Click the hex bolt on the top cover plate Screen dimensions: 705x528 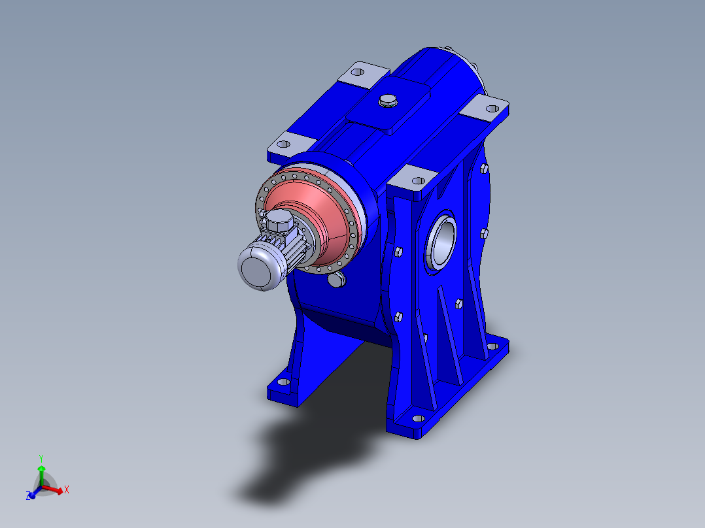tap(388, 101)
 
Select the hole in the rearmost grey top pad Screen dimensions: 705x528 tap(358, 72)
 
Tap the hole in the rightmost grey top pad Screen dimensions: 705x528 tap(493, 108)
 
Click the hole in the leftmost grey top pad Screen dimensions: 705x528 tap(283, 144)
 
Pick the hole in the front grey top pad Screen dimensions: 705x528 tap(419, 180)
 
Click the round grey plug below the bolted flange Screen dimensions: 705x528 tap(336, 280)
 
